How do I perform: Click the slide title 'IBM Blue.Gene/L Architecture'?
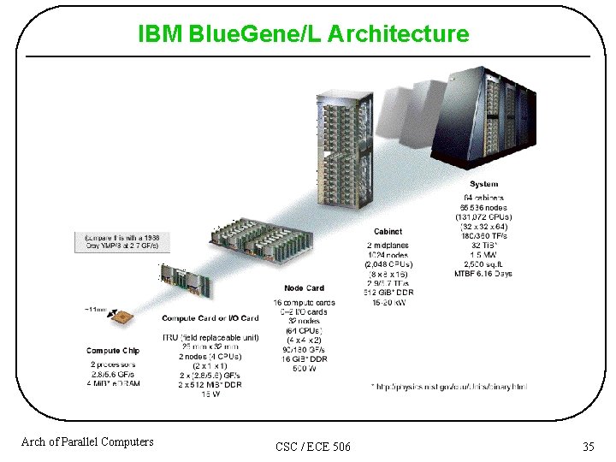point(304,34)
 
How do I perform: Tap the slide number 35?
point(588,446)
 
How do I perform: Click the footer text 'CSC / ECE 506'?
point(313,447)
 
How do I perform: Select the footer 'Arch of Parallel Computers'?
point(87,441)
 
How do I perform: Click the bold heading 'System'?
point(483,184)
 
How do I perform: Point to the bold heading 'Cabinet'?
point(388,231)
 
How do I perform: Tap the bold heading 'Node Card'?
point(304,288)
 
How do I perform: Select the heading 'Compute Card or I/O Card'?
point(210,318)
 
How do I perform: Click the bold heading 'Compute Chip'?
point(113,351)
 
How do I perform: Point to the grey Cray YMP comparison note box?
point(127,241)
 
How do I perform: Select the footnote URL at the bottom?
point(449,387)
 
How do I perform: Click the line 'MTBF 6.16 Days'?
point(483,274)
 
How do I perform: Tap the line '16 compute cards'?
point(304,303)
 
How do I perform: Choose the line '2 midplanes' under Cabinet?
point(388,246)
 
